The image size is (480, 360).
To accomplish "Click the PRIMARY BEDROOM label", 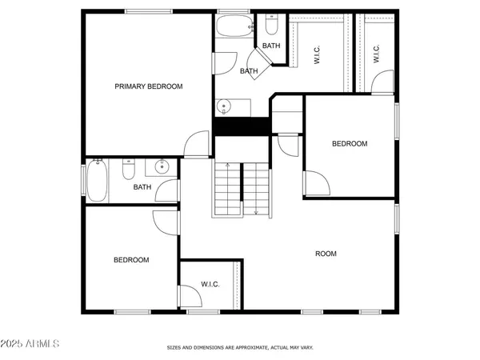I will [149, 86].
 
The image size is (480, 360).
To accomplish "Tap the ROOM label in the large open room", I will [326, 254].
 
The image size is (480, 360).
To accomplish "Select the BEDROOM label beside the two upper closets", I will [350, 144].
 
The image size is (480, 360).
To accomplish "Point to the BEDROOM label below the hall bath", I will [131, 260].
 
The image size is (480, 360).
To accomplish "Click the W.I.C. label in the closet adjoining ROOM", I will [210, 284].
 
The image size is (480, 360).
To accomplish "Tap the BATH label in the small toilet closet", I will [271, 46].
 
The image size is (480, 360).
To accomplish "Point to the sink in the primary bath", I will [224, 106].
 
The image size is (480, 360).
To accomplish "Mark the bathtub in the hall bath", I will [98, 180].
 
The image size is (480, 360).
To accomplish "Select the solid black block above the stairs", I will [239, 126].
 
